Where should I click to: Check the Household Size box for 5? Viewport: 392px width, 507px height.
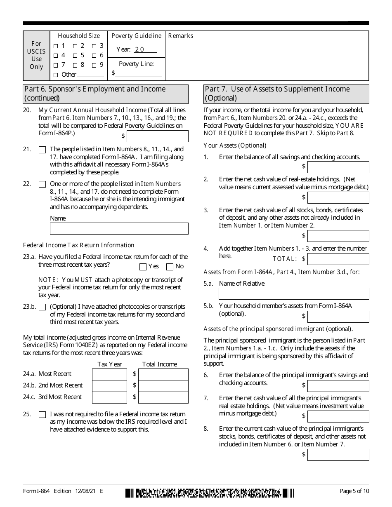coord(75,56)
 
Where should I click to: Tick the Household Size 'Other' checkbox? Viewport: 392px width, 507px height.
coord(56,75)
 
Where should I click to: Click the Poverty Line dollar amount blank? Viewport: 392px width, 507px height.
coord(139,73)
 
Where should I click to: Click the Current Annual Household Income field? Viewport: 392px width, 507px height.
coord(157,136)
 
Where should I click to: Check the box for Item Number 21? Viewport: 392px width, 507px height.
coord(42,150)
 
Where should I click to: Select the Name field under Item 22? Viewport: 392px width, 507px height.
coord(119,229)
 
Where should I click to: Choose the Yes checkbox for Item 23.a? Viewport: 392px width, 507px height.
coord(143,267)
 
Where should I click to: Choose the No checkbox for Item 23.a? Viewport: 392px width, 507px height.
coord(170,267)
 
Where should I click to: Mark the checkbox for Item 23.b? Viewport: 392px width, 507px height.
coord(42,307)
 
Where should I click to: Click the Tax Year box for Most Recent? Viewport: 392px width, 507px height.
coord(109,374)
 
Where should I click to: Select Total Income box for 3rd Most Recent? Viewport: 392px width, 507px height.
coord(163,397)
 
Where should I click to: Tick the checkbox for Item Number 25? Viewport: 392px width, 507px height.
coord(42,415)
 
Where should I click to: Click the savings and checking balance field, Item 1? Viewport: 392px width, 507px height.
coord(338,167)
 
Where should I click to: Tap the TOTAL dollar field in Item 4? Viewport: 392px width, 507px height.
coord(338,259)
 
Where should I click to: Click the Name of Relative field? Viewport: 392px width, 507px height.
coord(293,293)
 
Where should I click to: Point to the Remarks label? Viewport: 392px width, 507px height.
coord(181,36)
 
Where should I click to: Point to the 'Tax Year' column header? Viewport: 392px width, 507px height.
coord(109,364)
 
